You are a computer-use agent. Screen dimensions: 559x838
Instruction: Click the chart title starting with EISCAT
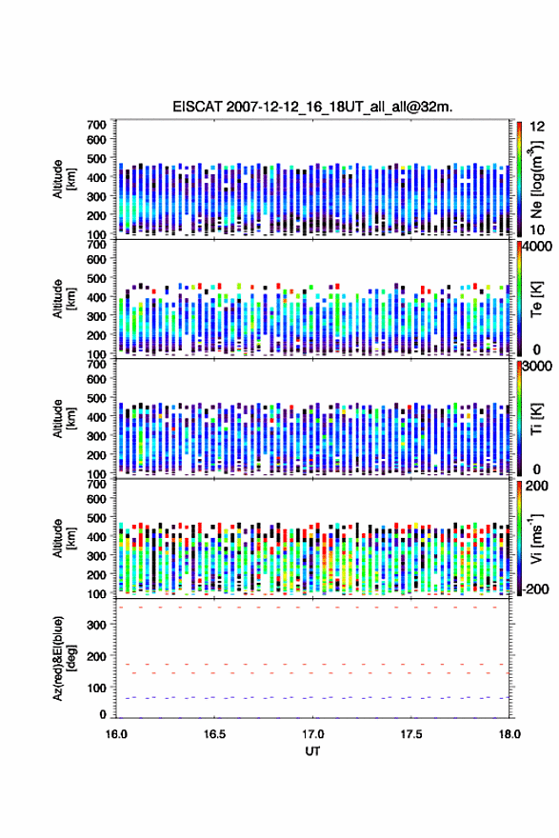point(312,107)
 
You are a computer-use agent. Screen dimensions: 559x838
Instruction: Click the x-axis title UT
point(312,751)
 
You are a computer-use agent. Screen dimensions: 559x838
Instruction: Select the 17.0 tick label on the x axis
point(312,734)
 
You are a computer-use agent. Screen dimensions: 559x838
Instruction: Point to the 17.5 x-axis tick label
point(411,734)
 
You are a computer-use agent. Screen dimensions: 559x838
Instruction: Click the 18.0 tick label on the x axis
point(509,734)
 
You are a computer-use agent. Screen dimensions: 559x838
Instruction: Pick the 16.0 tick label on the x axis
point(116,734)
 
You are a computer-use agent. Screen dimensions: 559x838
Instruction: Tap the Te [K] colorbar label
point(536,299)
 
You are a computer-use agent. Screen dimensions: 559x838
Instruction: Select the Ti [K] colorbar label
point(536,419)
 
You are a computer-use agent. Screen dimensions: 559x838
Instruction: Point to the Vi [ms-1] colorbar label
point(536,538)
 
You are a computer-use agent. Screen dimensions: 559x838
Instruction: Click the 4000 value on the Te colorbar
point(538,248)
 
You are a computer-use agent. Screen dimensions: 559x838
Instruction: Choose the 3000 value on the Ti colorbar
point(538,368)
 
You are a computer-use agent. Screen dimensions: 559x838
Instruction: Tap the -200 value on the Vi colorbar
point(535,589)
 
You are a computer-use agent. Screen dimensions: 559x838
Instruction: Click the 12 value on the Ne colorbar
point(537,127)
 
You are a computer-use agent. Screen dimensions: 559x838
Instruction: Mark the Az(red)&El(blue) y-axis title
point(64,658)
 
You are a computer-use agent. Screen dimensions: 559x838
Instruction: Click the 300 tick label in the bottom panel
point(96,625)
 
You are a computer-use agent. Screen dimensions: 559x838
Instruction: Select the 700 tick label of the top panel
point(96,125)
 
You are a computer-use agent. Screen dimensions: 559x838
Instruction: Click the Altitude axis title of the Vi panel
point(64,538)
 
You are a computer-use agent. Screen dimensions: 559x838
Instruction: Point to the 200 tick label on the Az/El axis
point(96,656)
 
